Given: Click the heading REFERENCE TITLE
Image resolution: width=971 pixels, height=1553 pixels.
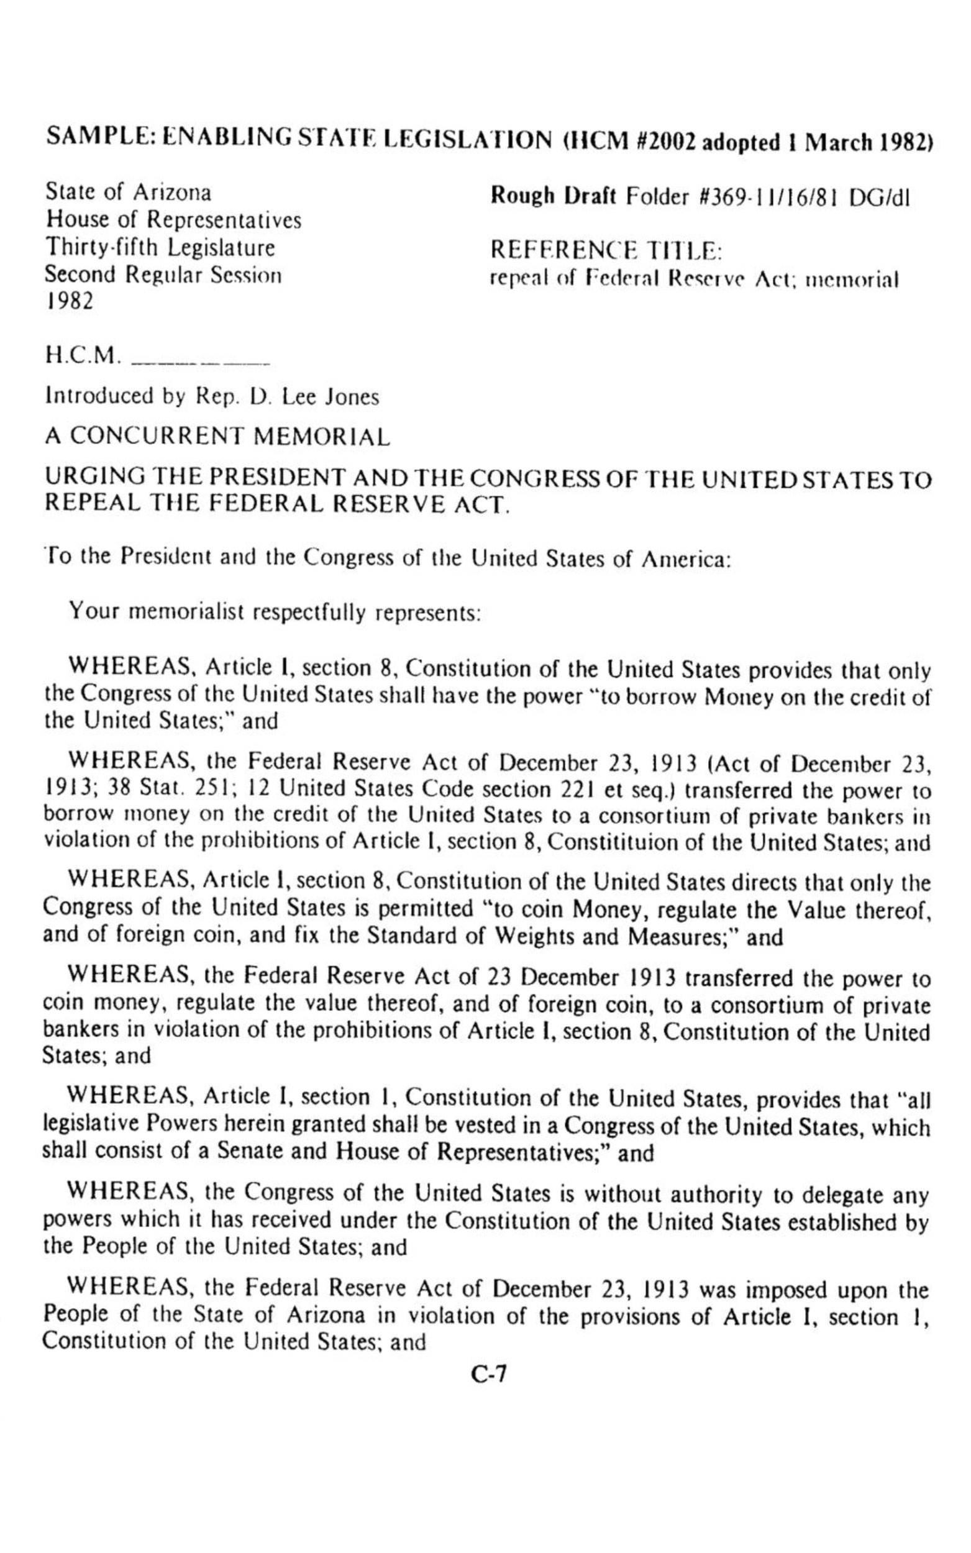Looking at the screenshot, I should (x=606, y=250).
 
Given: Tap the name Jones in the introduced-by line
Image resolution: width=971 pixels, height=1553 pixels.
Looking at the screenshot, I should (x=352, y=398).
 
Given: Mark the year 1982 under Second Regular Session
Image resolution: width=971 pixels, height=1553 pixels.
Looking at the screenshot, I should (x=69, y=302).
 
